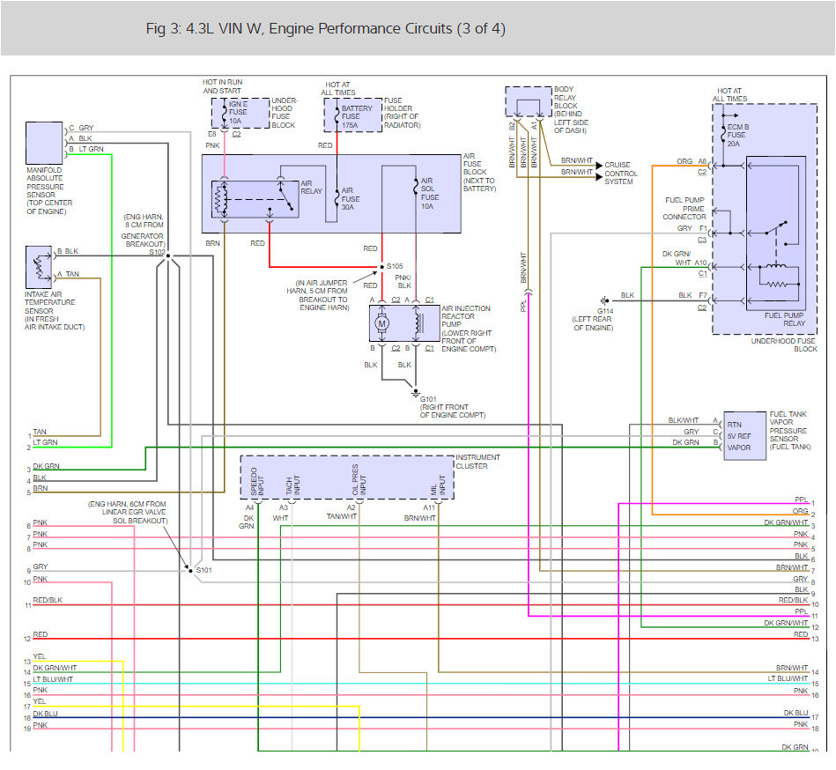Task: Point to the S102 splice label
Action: pyautogui.click(x=158, y=251)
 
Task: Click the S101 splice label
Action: pyautogui.click(x=203, y=570)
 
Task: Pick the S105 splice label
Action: pyautogui.click(x=395, y=265)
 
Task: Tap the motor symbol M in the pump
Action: pyautogui.click(x=382, y=323)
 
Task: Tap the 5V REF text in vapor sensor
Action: pyautogui.click(x=739, y=435)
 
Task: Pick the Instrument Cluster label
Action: pyautogui.click(x=477, y=462)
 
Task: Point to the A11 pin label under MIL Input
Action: pyautogui.click(x=428, y=507)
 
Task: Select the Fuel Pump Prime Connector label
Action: pyautogui.click(x=684, y=209)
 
